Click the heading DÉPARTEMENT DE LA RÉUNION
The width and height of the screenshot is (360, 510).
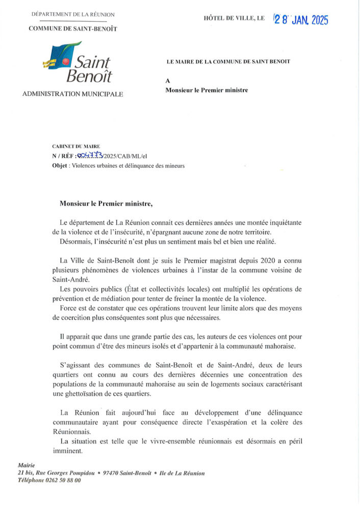coord(73,15)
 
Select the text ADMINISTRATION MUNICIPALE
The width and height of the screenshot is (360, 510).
coord(72,94)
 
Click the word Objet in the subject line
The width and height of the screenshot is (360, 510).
coord(61,166)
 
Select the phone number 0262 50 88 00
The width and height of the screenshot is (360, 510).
coord(63,480)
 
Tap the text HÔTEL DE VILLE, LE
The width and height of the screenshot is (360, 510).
coord(234,18)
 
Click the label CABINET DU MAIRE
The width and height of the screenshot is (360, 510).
coord(72,146)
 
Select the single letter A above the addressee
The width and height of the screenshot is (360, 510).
coord(168,81)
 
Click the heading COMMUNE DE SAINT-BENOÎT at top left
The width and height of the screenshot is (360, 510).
coord(73,29)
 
